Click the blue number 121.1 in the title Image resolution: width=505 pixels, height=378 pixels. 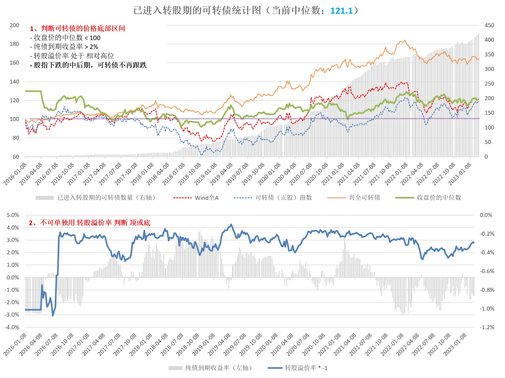tap(341, 11)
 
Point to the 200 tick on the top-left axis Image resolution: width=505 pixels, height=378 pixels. tap(14, 25)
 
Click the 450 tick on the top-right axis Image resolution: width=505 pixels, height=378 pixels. tap(489, 25)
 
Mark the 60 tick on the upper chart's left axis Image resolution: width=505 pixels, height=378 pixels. tap(16, 157)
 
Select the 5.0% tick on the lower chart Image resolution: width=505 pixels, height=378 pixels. tap(13, 215)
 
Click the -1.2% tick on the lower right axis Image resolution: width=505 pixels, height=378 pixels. tap(487, 327)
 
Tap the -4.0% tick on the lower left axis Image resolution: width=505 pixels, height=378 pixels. tap(12, 327)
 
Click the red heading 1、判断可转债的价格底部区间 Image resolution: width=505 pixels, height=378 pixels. tap(78, 28)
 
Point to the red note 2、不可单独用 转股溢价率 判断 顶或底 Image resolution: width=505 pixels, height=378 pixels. tap(89, 223)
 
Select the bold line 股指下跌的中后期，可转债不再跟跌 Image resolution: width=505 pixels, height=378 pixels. tap(88, 65)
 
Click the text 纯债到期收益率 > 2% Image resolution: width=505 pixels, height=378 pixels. tap(64, 47)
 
